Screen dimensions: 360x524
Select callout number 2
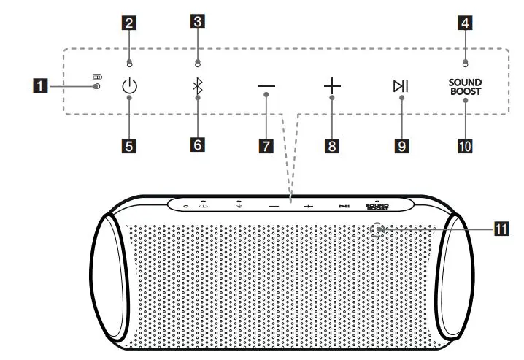click(x=129, y=23)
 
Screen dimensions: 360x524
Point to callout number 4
click(x=465, y=23)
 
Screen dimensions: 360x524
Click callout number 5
click(x=129, y=145)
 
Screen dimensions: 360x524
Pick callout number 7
click(x=266, y=145)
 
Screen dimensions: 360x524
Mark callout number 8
click(x=333, y=145)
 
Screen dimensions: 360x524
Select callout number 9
click(x=401, y=145)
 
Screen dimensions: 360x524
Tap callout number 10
click(x=465, y=145)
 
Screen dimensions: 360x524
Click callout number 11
click(x=501, y=229)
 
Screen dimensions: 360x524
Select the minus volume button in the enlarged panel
click(x=266, y=87)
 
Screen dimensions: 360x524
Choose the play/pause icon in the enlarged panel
click(x=401, y=87)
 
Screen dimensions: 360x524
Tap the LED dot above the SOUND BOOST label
click(x=465, y=62)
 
